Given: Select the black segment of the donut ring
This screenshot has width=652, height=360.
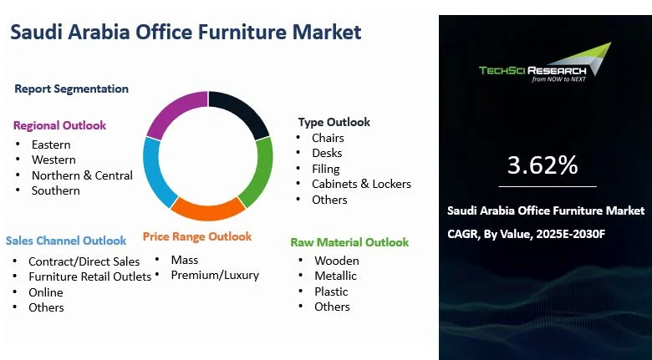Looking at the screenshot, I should [x=241, y=111].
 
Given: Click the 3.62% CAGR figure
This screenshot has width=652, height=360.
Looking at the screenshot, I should [x=542, y=165].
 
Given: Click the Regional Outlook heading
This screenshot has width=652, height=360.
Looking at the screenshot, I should [x=59, y=125].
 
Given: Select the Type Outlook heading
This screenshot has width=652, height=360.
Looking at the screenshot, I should [x=334, y=122].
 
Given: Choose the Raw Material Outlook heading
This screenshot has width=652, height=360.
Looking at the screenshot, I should [x=349, y=242].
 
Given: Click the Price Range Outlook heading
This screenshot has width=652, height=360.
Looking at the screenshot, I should [x=196, y=236].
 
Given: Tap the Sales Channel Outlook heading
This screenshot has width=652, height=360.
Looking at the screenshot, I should [x=66, y=241].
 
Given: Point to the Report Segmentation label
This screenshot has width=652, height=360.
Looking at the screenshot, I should [x=72, y=89].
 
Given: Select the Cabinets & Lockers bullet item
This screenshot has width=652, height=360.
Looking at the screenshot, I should [x=361, y=184].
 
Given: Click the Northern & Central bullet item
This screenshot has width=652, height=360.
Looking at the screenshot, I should [x=82, y=175].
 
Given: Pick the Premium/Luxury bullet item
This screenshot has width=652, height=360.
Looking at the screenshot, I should [x=215, y=275].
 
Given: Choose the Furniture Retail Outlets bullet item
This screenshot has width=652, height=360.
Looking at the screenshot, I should [x=90, y=276].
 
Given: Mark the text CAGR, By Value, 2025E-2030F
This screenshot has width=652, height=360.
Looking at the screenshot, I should [x=526, y=233].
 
